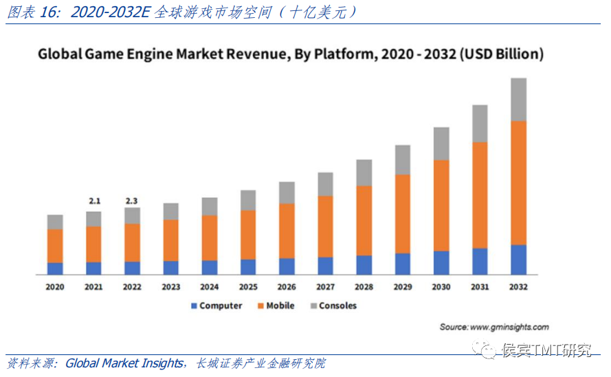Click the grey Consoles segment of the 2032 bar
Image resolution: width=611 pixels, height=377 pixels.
pyautogui.click(x=518, y=99)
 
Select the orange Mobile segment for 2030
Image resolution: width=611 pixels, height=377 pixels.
pyautogui.click(x=441, y=205)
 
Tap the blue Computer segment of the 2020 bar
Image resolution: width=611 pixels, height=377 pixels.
pyautogui.click(x=55, y=268)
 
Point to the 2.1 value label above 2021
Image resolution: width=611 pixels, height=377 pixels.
pyautogui.click(x=94, y=201)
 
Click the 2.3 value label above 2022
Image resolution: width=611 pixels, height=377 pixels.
pyautogui.click(x=132, y=201)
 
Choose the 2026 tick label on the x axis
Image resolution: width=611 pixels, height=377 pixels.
pyautogui.click(x=287, y=287)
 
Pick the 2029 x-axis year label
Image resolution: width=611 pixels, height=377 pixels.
pyautogui.click(x=403, y=287)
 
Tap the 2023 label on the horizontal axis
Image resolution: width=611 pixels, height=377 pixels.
pyautogui.click(x=170, y=287)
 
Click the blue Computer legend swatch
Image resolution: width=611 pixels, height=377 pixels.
pyautogui.click(x=194, y=305)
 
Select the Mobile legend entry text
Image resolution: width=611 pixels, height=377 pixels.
pyautogui.click(x=280, y=305)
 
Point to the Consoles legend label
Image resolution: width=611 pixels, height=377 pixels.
pyautogui.click(x=337, y=305)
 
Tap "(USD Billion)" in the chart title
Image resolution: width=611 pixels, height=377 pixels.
pyautogui.click(x=502, y=54)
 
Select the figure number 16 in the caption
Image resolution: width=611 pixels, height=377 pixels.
pyautogui.click(x=52, y=12)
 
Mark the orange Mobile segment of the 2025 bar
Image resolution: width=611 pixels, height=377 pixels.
pyautogui.click(x=248, y=235)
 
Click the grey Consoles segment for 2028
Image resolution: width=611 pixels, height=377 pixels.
pyautogui.click(x=364, y=173)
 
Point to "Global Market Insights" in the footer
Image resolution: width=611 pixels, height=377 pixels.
pyautogui.click(x=124, y=363)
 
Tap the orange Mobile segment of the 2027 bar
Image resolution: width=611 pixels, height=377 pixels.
pyautogui.click(x=325, y=226)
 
